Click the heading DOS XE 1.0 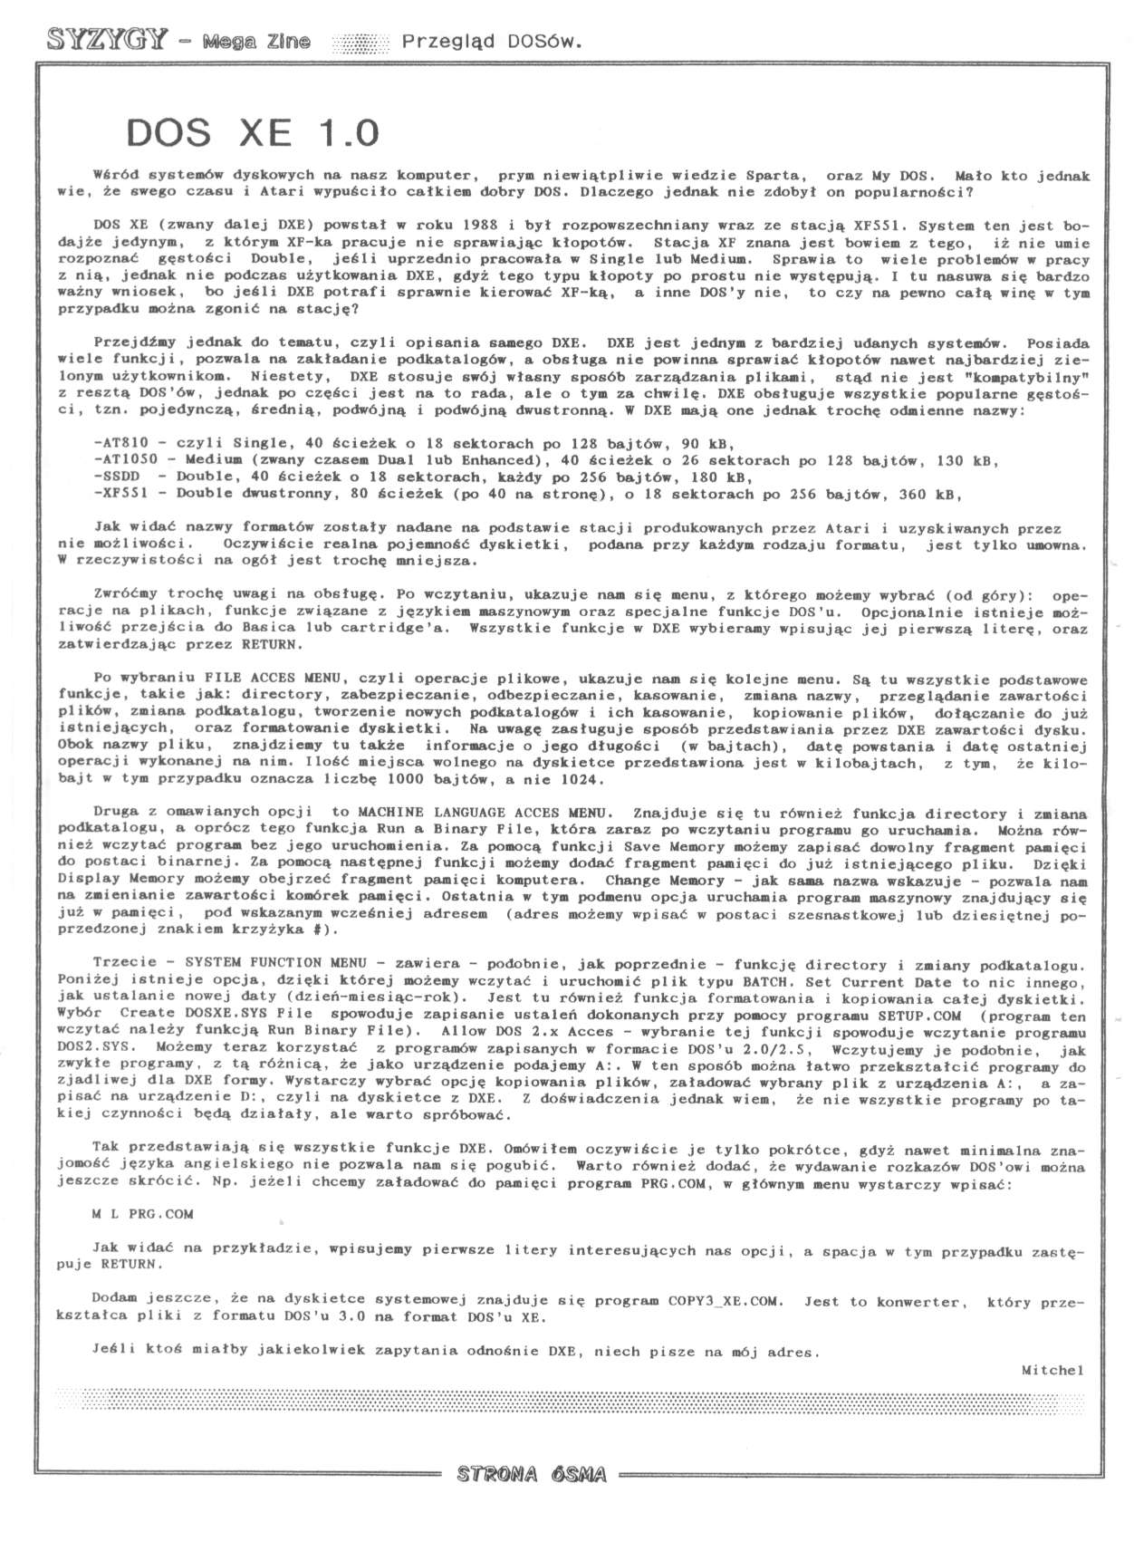(252, 133)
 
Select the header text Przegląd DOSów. (491, 41)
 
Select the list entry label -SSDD (115, 477)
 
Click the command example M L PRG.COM (142, 1214)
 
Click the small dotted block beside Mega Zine (360, 42)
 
